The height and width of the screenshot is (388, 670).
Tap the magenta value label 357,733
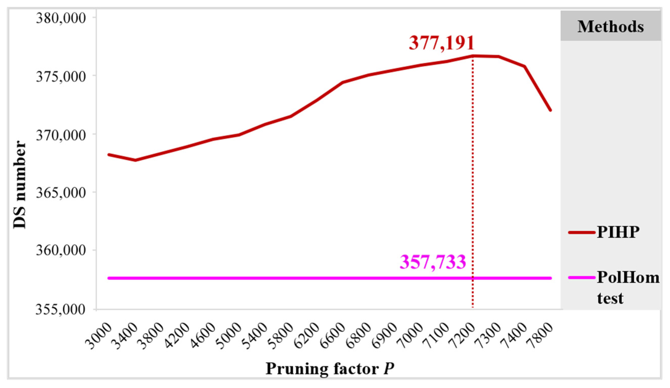pyautogui.click(x=433, y=262)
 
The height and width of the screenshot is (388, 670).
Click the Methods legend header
pyautogui.click(x=610, y=27)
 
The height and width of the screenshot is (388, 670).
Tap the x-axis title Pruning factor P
pyautogui.click(x=330, y=369)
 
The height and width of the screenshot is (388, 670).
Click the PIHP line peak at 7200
pyautogui.click(x=473, y=56)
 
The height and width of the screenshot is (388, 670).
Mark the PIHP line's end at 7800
pyautogui.click(x=550, y=110)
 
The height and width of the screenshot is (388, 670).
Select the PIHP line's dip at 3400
pyautogui.click(x=135, y=160)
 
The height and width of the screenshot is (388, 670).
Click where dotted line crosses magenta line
pyautogui.click(x=473, y=278)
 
